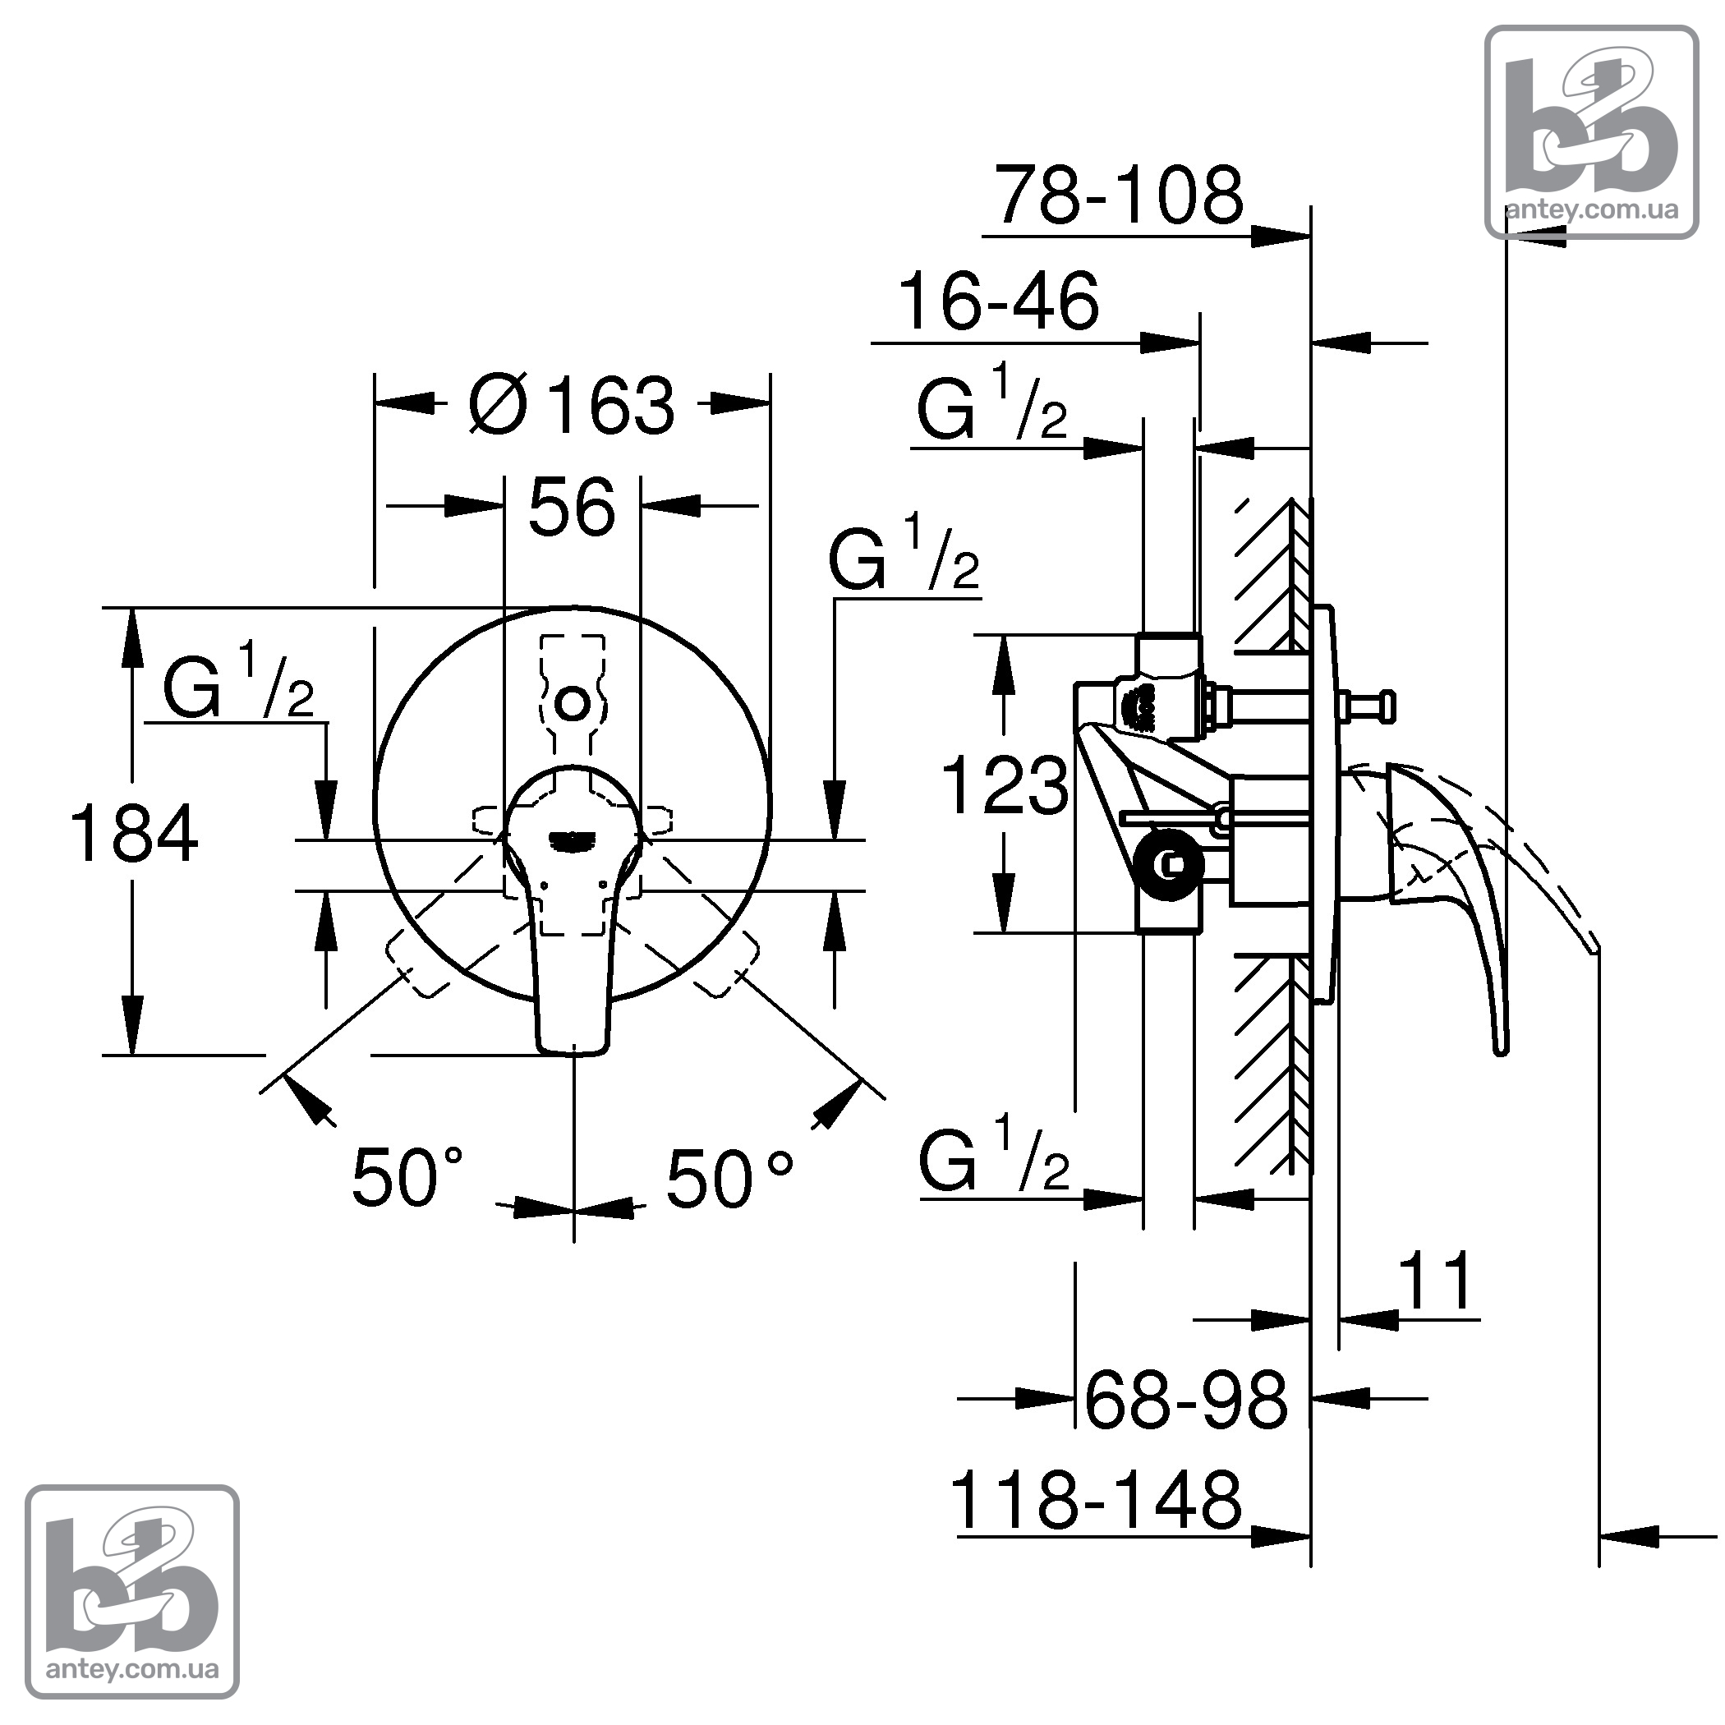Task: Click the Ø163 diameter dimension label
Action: [573, 403]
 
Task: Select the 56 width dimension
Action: [572, 507]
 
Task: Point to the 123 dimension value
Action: [1005, 786]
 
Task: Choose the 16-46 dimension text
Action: [999, 301]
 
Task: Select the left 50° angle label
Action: [408, 1177]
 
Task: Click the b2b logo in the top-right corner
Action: [1591, 132]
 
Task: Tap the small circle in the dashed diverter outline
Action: [572, 704]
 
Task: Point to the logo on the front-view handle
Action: [572, 839]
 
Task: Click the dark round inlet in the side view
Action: [1167, 863]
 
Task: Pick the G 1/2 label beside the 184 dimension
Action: [237, 686]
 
